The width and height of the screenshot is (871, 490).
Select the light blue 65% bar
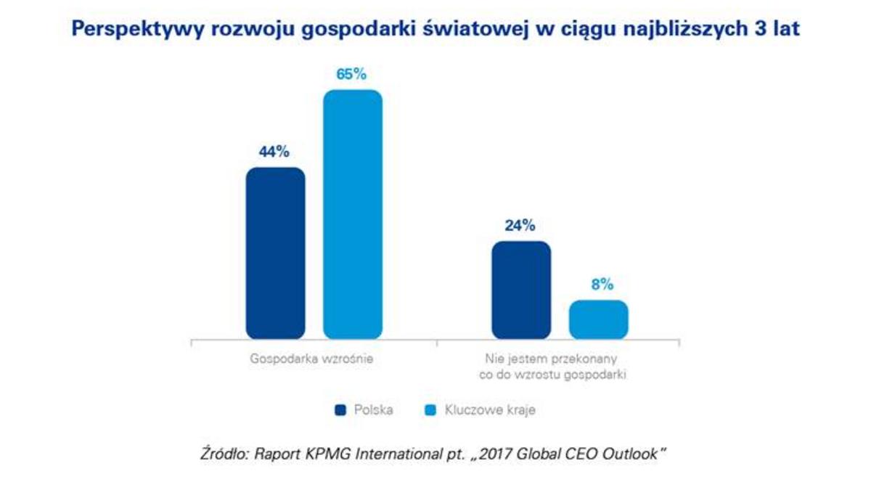352,214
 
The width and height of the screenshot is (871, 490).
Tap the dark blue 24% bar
521,290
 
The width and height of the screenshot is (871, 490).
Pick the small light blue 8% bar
598,319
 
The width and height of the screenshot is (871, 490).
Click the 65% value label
351,75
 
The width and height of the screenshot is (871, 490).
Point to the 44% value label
274,152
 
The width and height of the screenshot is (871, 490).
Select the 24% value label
520,226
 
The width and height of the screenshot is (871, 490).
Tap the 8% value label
598,285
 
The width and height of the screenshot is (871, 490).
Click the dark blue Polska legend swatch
340,411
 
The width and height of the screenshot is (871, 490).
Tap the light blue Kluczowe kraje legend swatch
430,411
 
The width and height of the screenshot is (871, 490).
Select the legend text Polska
373,411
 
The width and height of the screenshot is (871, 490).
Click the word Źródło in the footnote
224,454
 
